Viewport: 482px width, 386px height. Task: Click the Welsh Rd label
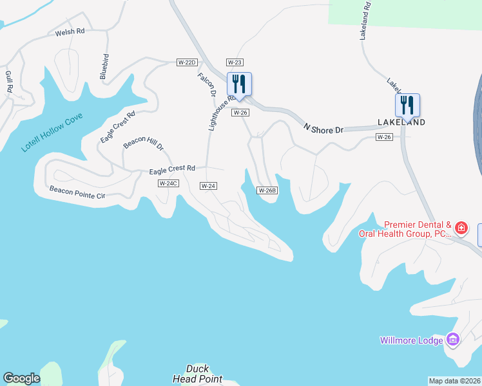point(70,31)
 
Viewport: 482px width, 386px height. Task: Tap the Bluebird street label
point(104,66)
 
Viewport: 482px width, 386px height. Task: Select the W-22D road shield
point(186,62)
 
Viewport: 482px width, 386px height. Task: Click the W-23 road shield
point(234,62)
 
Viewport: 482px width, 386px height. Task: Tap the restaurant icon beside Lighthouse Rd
point(239,84)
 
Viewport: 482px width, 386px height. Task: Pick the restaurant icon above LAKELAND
point(407,105)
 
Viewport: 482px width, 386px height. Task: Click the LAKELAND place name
point(401,122)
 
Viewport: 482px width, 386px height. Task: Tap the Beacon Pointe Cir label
point(77,192)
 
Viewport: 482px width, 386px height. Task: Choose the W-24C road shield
point(168,183)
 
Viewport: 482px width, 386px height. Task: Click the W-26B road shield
point(267,190)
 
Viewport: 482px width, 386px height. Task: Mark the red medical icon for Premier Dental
point(461,228)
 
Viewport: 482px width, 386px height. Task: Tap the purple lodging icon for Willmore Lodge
point(452,340)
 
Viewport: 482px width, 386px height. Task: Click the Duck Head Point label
point(197,374)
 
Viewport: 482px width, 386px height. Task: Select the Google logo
point(21,378)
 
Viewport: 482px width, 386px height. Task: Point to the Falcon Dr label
point(206,84)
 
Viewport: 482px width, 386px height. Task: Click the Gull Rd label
point(9,82)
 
